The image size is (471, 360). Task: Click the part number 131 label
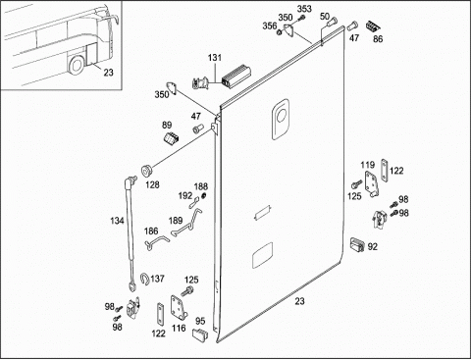[x=215, y=58]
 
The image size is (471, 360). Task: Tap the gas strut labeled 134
[x=131, y=232]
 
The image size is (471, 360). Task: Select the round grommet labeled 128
[x=147, y=171]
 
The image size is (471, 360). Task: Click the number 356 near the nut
[x=270, y=26]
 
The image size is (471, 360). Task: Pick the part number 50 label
[x=325, y=17]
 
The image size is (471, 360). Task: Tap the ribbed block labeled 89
[x=171, y=138]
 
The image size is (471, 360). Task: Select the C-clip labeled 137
[x=144, y=279]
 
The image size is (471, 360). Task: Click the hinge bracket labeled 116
[x=178, y=308]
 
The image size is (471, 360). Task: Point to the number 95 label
[x=200, y=321]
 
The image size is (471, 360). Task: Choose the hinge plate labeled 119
[x=372, y=183]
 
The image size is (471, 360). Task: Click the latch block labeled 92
[x=357, y=244]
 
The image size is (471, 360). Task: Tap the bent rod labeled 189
[x=187, y=222]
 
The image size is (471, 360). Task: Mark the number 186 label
[x=151, y=231]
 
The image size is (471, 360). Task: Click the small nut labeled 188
[x=204, y=195]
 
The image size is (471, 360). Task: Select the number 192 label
[x=185, y=196]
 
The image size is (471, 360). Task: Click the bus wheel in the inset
[x=77, y=65]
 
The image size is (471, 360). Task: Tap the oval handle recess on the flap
[x=281, y=120]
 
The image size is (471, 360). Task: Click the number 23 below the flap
[x=299, y=301]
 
